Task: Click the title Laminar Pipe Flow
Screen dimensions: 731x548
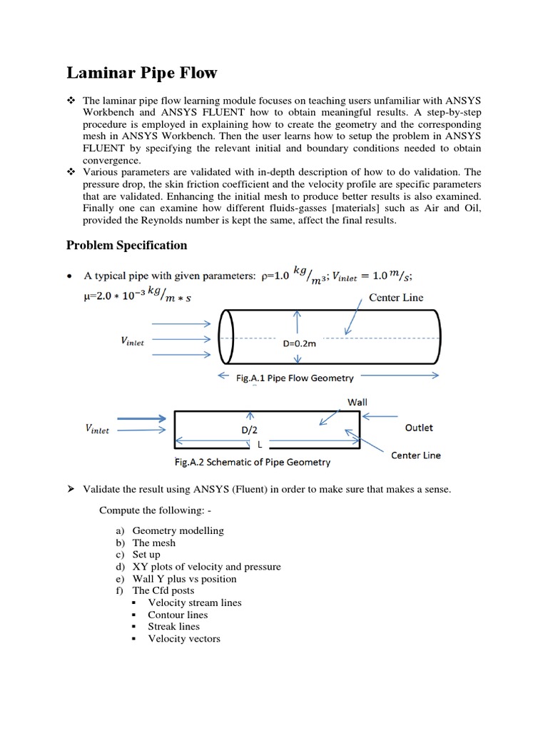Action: tap(142, 73)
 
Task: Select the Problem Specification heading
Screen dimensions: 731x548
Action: tap(126, 245)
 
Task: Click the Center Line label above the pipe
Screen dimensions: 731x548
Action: tap(396, 297)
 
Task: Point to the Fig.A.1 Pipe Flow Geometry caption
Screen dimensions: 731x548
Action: tap(295, 378)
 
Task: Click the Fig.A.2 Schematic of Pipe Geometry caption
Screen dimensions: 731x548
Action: tap(253, 462)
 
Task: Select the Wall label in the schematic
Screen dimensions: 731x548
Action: tap(357, 402)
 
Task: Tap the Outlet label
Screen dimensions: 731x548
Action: tap(419, 428)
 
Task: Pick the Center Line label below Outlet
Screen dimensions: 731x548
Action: tap(416, 455)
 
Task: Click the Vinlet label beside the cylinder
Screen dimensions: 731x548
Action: tap(132, 342)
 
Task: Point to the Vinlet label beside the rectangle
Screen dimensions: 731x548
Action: tap(97, 430)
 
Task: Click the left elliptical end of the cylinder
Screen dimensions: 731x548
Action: tap(226, 336)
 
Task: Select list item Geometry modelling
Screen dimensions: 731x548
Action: tap(178, 530)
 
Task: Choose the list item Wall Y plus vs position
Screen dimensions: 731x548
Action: tap(184, 578)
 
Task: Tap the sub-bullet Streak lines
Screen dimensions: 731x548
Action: tap(173, 626)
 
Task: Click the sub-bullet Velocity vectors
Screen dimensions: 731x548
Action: tap(184, 638)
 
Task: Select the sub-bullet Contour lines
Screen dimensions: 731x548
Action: tap(178, 615)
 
